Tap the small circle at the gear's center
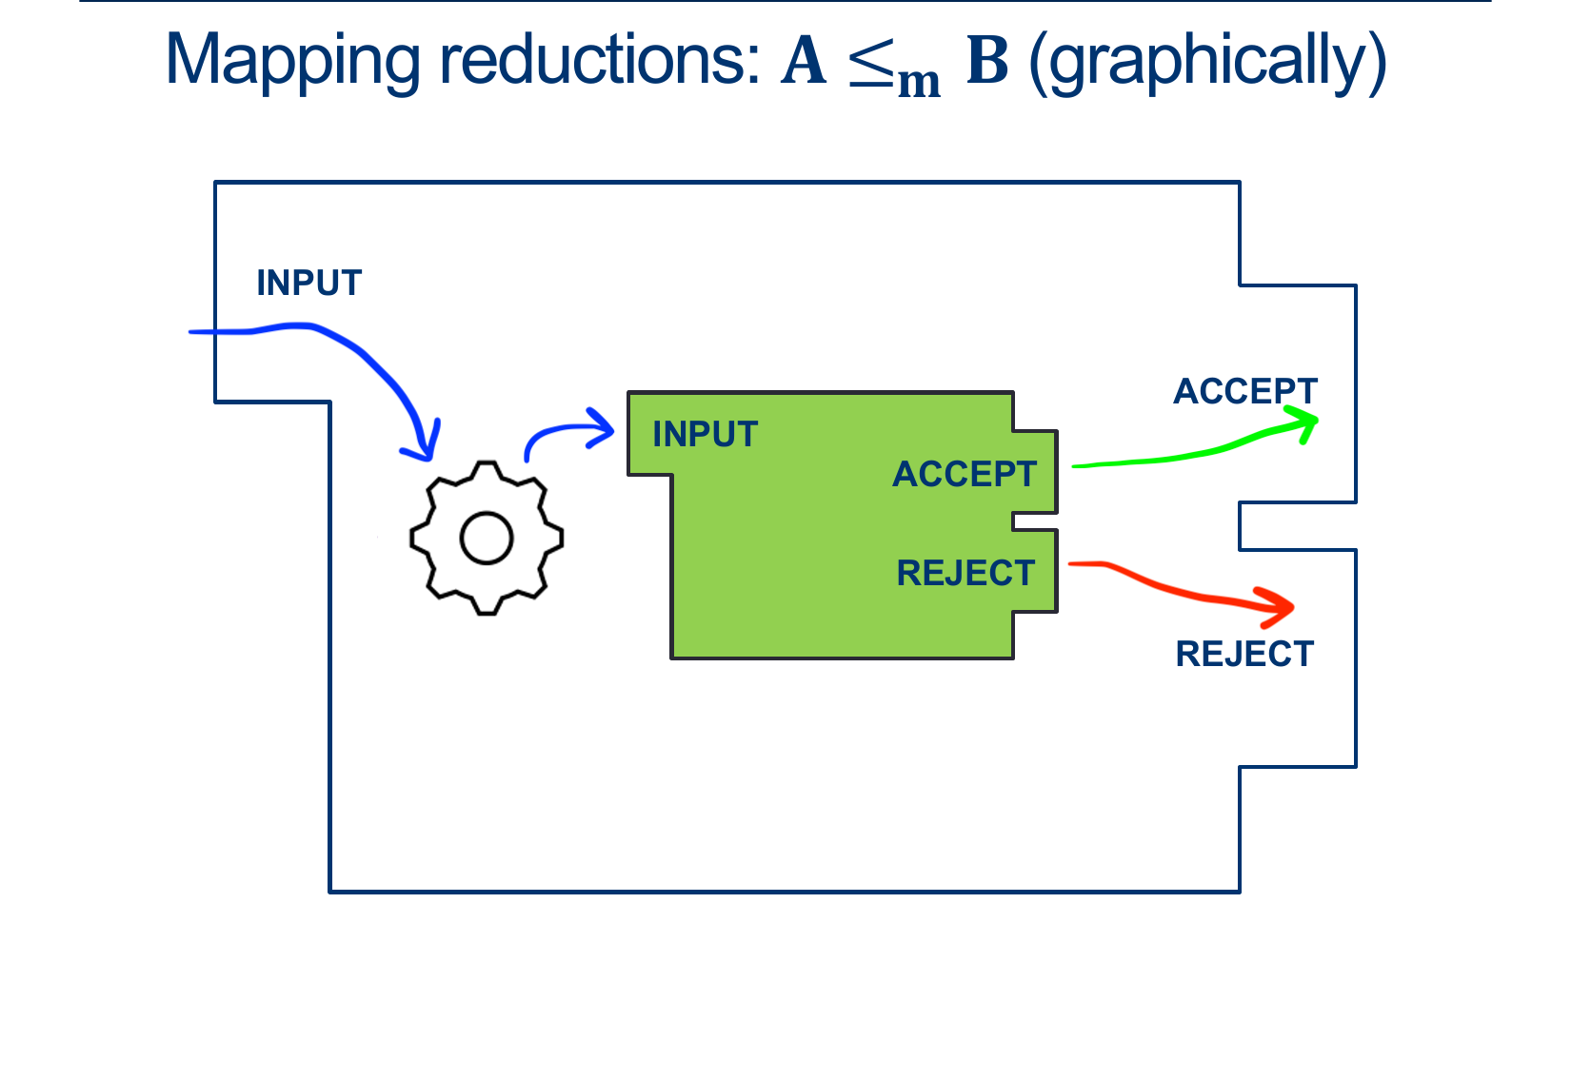(x=487, y=539)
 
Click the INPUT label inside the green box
(x=705, y=435)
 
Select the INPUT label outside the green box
(x=309, y=283)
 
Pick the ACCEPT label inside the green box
(x=964, y=474)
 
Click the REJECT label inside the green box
(x=965, y=573)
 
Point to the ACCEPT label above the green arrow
(x=1244, y=391)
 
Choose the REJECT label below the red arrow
(x=1244, y=654)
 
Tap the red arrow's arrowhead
(x=1281, y=607)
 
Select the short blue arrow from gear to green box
(x=569, y=433)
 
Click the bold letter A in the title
(x=804, y=61)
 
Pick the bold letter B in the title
(x=987, y=61)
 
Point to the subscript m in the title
(x=919, y=82)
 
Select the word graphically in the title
(x=1207, y=63)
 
